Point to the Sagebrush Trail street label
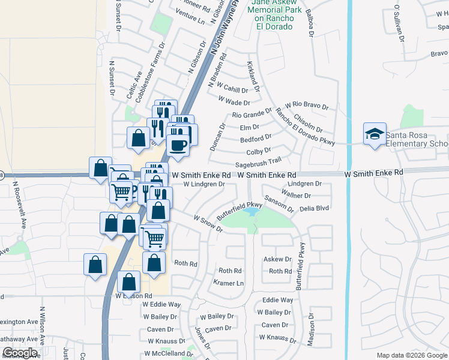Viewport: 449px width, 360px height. coord(258,161)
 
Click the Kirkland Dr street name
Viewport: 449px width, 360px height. coord(253,76)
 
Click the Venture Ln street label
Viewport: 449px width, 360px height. coord(192,19)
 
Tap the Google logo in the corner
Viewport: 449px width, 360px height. coord(19,353)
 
